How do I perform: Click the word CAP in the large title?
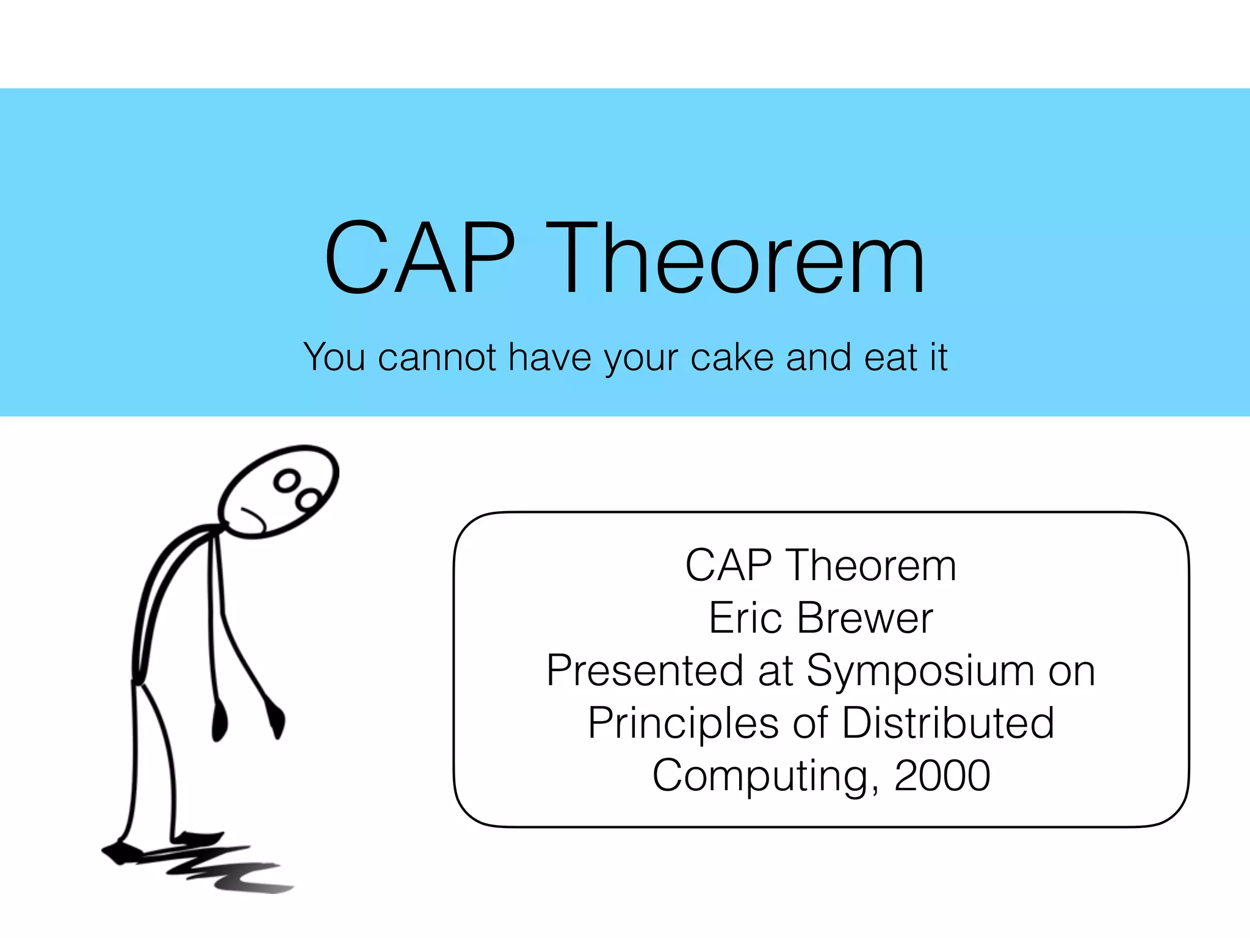tap(420, 258)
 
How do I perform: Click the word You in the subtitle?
tap(334, 357)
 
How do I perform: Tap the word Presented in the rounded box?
tap(645, 671)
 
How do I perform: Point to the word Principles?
tap(683, 723)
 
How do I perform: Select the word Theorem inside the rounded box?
tap(872, 565)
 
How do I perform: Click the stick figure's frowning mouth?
tap(254, 517)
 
